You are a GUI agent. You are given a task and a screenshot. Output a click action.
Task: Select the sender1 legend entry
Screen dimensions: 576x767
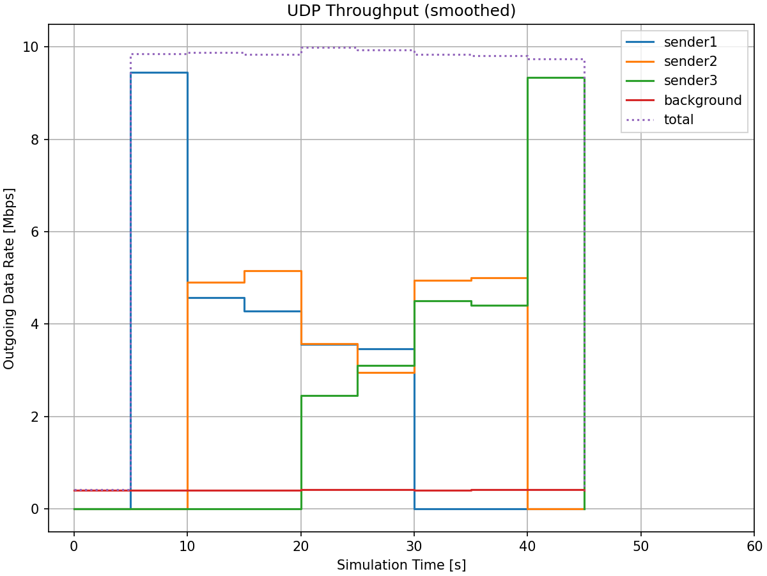point(690,42)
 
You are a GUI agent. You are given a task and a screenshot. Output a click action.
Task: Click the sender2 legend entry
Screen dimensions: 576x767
point(690,61)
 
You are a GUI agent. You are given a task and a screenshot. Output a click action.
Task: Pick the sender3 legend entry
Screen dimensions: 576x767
point(690,81)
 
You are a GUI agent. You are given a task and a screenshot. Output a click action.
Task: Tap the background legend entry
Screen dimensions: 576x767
point(702,100)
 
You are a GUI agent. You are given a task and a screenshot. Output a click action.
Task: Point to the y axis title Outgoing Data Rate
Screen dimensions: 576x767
point(10,278)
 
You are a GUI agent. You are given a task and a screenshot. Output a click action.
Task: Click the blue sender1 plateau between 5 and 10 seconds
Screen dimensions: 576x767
point(159,73)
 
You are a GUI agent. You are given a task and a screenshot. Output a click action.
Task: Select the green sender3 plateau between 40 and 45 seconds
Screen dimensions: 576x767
point(556,78)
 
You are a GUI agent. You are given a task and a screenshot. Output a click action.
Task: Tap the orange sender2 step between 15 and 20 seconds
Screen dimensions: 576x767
point(272,271)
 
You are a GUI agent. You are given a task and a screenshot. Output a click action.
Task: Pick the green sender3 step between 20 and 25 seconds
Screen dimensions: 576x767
point(329,396)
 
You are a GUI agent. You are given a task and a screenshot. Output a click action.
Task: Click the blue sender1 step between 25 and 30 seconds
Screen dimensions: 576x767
point(386,349)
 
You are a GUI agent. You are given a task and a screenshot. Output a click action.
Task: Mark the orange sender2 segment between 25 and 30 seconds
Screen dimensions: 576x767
point(386,372)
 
